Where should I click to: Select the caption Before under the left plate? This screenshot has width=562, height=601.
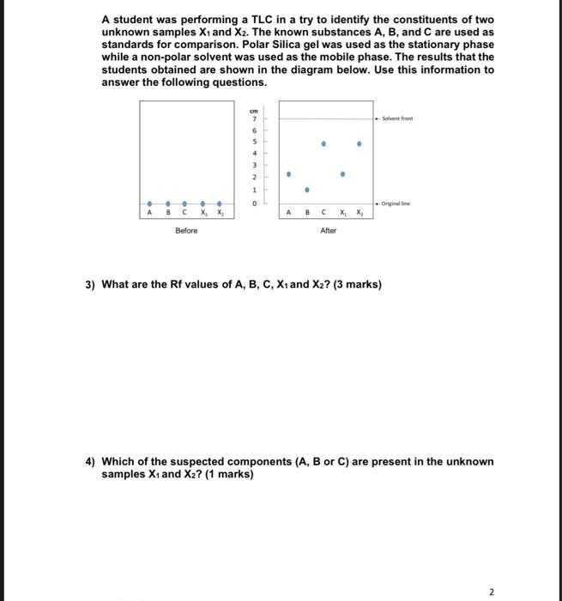point(186,230)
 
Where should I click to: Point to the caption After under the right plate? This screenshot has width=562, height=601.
point(328,230)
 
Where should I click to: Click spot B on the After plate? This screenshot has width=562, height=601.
point(306,189)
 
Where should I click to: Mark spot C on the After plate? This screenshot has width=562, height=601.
point(323,143)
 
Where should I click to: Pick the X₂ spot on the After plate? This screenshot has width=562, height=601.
point(360,143)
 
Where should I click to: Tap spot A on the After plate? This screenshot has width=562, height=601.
point(288,173)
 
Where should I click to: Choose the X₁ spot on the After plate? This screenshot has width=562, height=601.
point(342,173)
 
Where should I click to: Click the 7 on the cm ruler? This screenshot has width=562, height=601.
point(253,118)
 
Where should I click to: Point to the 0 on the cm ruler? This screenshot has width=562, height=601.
point(253,203)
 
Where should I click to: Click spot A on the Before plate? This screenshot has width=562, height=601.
point(150,203)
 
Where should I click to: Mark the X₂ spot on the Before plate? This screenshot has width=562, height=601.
point(219,203)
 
